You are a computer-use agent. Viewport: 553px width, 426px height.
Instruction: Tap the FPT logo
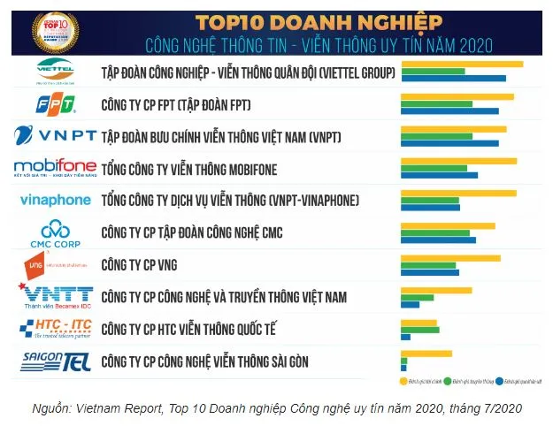(x=55, y=105)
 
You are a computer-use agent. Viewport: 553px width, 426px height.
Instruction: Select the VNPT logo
(x=55, y=138)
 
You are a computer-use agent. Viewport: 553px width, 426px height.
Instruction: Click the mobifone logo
(x=55, y=168)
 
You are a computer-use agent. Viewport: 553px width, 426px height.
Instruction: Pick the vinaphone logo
(x=56, y=201)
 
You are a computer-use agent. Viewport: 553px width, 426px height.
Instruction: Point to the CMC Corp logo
(x=55, y=232)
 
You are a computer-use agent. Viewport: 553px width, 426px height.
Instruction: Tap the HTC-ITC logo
(x=56, y=329)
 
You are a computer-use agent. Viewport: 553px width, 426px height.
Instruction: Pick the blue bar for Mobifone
(x=439, y=175)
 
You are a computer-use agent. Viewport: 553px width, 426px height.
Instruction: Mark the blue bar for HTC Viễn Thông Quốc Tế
(x=405, y=337)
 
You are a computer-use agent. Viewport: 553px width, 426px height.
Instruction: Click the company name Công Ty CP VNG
(x=140, y=264)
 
